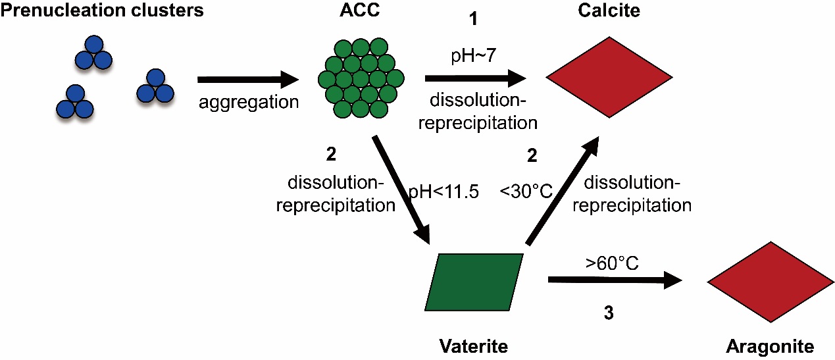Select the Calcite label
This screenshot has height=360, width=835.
coord(609,12)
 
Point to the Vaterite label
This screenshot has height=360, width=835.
coord(474,345)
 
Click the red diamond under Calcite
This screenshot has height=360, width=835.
coord(609,77)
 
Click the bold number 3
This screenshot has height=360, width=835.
coord(609,314)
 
